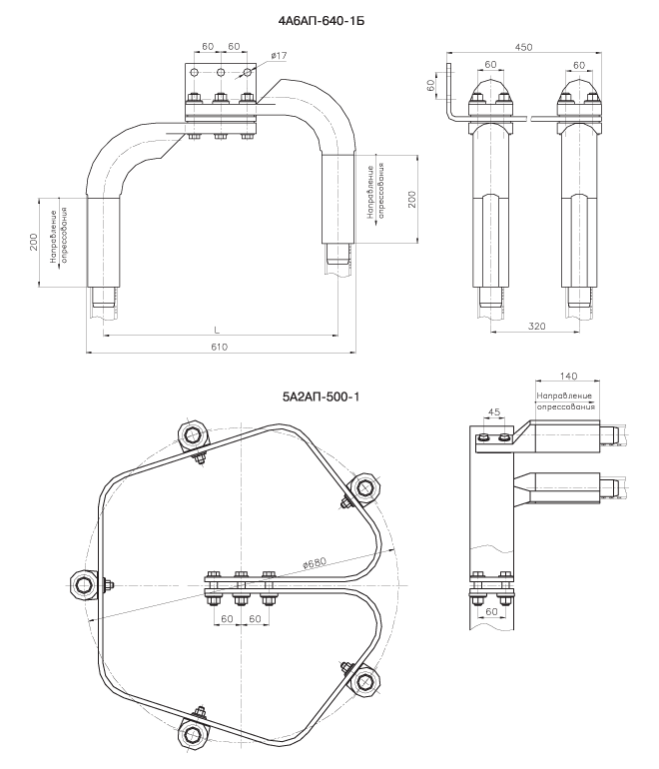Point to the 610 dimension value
[219, 347]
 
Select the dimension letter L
[218, 329]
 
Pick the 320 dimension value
[536, 326]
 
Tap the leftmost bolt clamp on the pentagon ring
[83, 584]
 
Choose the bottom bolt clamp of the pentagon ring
[192, 734]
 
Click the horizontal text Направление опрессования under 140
[565, 401]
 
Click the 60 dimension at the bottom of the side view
[491, 638]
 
